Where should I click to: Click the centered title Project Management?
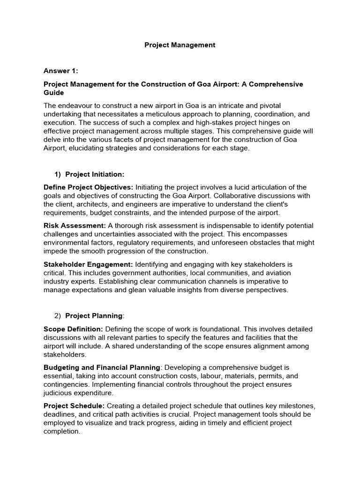click(x=180, y=45)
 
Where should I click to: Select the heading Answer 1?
click(x=60, y=71)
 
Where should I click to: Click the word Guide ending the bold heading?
click(x=53, y=93)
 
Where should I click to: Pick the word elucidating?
click(x=89, y=148)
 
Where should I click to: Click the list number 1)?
click(x=58, y=174)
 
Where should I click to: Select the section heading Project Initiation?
click(x=95, y=174)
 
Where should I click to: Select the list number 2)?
click(x=58, y=316)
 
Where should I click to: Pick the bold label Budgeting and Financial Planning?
click(x=102, y=367)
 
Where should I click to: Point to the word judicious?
click(x=60, y=393)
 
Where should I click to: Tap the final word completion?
click(x=61, y=431)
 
